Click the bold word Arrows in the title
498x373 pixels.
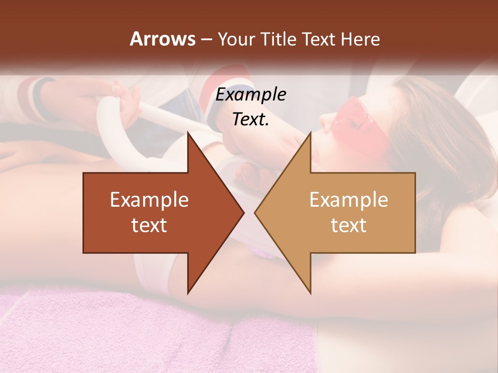[x=162, y=39]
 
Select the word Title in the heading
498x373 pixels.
[x=278, y=39]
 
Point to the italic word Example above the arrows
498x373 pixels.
[x=251, y=95]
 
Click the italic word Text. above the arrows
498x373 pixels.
[x=251, y=119]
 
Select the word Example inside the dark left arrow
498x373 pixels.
[x=149, y=200]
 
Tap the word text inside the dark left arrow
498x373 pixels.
[x=149, y=225]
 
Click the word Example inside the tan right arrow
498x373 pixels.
[x=349, y=200]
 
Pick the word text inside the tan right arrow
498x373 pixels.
[x=349, y=225]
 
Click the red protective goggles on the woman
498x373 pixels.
[x=363, y=119]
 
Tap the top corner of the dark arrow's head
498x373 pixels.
[x=188, y=134]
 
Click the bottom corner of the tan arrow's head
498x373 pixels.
[x=310, y=293]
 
